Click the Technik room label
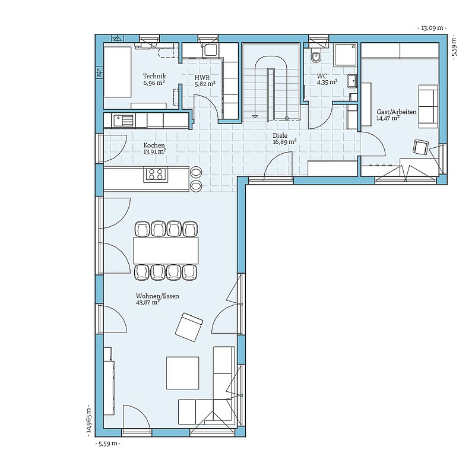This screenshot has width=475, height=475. pos(154,77)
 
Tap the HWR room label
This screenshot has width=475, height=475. pos(202,78)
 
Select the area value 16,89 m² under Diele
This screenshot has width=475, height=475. pos(284,142)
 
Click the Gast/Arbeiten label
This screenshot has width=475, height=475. pos(397,112)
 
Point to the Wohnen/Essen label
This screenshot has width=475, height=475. pos(157,296)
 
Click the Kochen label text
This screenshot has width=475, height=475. pos(154,145)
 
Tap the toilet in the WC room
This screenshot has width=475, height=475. pos(316,56)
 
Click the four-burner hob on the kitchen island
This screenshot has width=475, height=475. pos(156,175)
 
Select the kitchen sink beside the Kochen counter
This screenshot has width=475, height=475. pos(123,121)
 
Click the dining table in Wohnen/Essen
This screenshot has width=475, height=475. pos(166,251)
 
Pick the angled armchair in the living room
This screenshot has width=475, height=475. pos(189,327)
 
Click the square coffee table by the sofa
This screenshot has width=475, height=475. pos(183,373)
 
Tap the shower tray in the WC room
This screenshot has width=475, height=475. pos(346,55)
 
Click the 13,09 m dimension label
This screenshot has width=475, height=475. pos(432,28)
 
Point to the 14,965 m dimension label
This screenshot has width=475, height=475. pos(88,420)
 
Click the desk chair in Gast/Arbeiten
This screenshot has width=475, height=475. pos(420,147)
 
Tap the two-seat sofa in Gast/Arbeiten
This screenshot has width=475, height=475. pos(428,106)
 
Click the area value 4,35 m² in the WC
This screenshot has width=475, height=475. pos(328,82)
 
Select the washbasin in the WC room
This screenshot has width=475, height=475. pos(353,81)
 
